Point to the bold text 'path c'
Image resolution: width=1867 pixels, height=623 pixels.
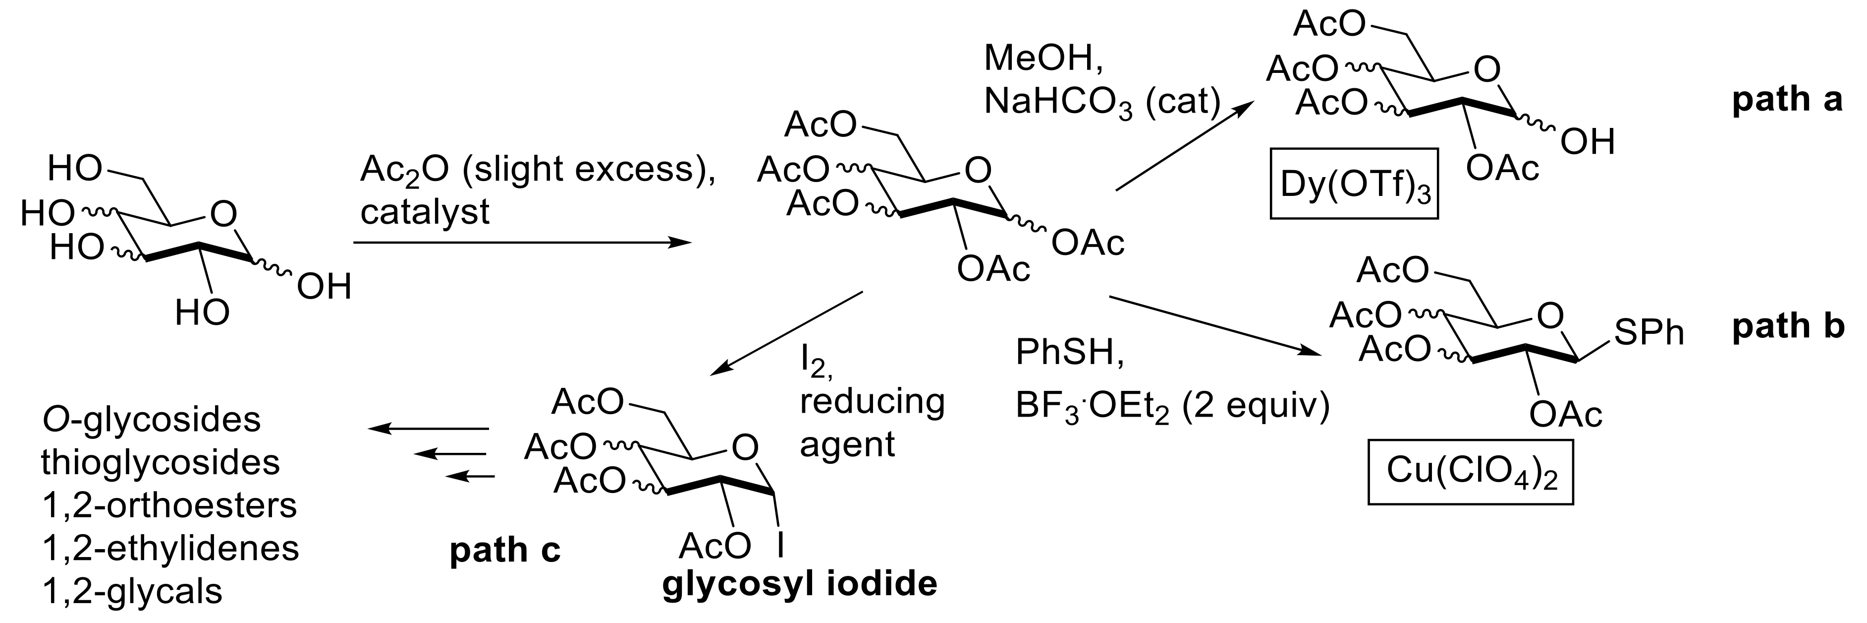[505, 551]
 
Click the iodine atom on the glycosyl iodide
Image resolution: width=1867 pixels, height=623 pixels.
[780, 546]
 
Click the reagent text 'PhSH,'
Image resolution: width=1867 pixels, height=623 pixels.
[1070, 353]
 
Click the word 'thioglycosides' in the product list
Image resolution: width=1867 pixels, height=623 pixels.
[160, 463]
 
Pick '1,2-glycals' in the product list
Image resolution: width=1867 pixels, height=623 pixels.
[132, 592]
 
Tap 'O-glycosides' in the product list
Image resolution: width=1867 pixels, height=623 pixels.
[151, 420]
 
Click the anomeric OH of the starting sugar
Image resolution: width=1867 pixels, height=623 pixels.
[324, 287]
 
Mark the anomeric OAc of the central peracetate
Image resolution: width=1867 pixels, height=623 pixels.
[1087, 244]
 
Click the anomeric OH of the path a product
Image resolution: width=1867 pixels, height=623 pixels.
[1587, 143]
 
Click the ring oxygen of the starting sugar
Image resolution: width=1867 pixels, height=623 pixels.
[222, 214]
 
